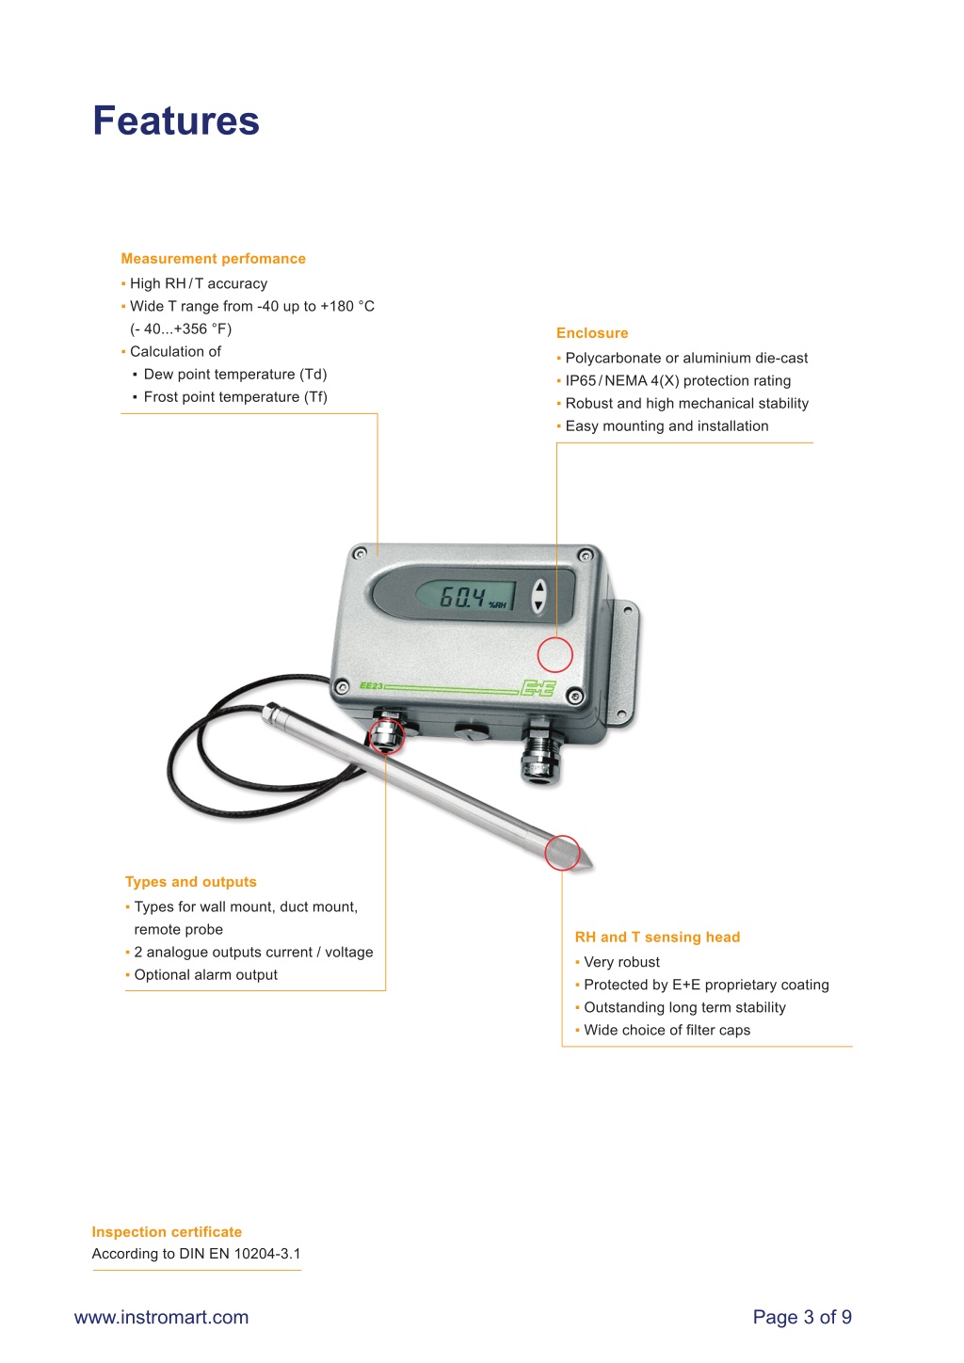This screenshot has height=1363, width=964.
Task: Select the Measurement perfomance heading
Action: point(213,259)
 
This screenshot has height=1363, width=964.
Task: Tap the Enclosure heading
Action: point(592,333)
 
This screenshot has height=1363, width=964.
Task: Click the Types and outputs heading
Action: point(190,882)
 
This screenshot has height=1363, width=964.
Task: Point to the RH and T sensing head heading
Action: point(657,938)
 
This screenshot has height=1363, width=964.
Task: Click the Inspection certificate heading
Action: point(167,1231)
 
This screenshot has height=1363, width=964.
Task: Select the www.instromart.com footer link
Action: point(161,1317)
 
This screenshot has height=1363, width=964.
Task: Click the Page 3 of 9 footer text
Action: point(802,1317)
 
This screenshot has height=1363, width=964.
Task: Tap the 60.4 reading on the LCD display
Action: point(462,597)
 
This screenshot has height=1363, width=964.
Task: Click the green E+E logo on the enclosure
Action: point(538,687)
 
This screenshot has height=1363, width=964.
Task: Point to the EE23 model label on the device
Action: point(371,686)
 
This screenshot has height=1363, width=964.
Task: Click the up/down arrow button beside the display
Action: point(538,595)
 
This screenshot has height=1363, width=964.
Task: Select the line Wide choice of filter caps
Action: point(663,1030)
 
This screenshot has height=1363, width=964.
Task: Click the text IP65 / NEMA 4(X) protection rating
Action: point(674,381)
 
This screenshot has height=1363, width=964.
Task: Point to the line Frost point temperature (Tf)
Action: point(230,396)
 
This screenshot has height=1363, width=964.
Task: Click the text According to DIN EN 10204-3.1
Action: point(196,1254)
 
